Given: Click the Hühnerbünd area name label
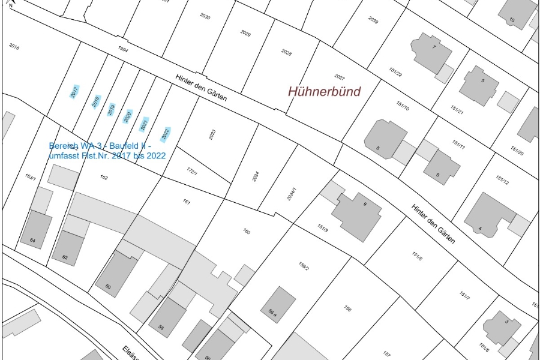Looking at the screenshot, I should pos(325,92).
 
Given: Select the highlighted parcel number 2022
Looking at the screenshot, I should pos(166,133).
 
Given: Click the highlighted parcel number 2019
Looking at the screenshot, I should pos(111,109).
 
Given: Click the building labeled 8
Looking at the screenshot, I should pos(382,140).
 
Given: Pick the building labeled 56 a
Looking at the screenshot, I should pos(279,305).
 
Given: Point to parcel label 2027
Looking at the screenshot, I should pos(340,77).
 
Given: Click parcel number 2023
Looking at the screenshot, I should pos(212,134).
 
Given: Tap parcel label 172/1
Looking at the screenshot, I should pos(192,171).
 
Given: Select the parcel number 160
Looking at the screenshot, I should pos(246,232).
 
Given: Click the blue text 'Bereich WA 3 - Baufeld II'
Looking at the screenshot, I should pos(100,146).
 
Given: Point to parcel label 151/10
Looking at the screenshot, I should pos(402,106).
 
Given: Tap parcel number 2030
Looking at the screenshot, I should pos(205,17).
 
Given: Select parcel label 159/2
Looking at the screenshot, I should pos(303,266).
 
